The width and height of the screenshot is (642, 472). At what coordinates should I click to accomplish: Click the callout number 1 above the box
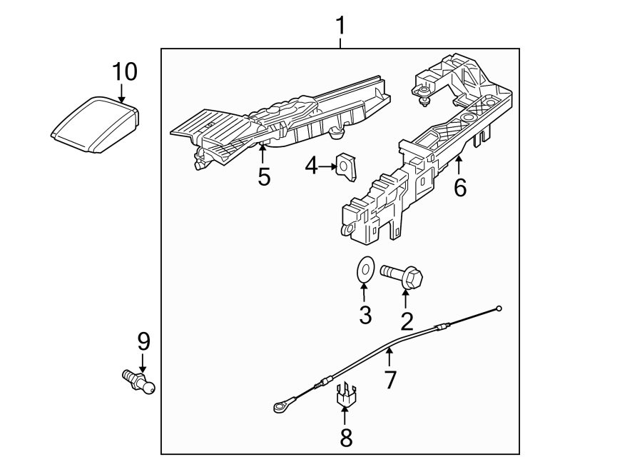coord(340,26)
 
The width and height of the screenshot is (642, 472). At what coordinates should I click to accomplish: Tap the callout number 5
coord(264,177)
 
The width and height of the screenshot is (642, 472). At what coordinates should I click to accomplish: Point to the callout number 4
coord(311,166)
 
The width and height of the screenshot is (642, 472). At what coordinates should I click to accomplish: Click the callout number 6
coord(459,188)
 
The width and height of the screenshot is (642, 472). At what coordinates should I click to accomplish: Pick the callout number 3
coord(365,315)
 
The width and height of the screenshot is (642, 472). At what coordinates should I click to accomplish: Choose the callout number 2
coord(407,321)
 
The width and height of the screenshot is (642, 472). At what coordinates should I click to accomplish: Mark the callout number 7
coord(389,379)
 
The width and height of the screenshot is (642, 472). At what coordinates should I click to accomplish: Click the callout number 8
coord(346,437)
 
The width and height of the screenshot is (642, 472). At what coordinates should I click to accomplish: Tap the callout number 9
coord(143,341)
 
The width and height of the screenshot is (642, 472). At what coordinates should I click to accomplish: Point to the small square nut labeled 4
coord(347,167)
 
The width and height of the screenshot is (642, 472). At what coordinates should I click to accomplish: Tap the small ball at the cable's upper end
coord(499,308)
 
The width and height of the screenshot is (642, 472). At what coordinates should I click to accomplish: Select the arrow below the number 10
coord(122,93)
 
